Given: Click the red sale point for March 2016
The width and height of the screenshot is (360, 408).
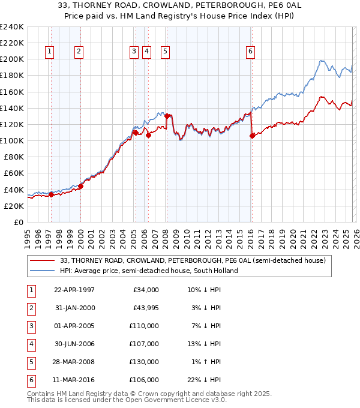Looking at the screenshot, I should tap(252, 136).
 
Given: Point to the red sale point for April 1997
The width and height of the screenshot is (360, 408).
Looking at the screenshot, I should tap(52, 194).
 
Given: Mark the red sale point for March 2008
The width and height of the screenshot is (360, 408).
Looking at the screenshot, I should tap(167, 116).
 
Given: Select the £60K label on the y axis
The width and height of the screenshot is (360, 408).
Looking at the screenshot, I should tap(13, 173).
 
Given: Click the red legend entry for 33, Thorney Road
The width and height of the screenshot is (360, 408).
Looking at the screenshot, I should tap(193, 261).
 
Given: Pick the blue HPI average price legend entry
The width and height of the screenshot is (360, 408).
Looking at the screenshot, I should tap(149, 271).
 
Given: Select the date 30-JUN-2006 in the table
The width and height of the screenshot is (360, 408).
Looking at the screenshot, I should tap(74, 344).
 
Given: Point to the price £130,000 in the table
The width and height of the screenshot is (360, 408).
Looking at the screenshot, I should tap(145, 362).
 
